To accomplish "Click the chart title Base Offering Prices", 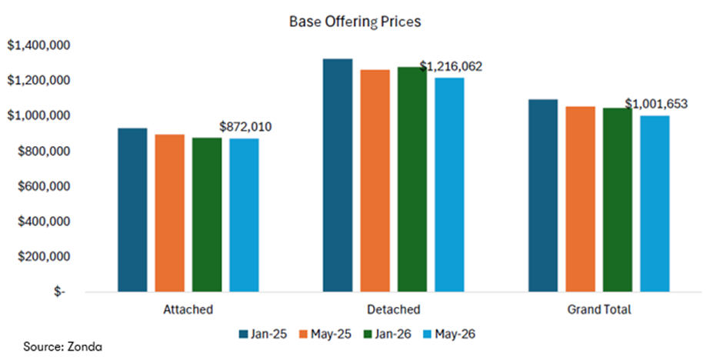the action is (355, 22).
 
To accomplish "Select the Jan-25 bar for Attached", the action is (133, 210).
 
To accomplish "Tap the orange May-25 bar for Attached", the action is (170, 213).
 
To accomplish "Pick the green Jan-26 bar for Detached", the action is (412, 179).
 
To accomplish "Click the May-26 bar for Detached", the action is (449, 185).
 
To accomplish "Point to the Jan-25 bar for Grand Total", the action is (543, 195).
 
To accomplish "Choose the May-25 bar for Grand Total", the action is (581, 199).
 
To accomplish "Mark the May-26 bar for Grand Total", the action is (655, 204).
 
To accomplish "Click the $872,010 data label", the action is (245, 126).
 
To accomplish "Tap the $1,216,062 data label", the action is (451, 67).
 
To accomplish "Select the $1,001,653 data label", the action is (656, 105).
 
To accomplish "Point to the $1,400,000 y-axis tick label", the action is (38, 45).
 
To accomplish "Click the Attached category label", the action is (188, 309).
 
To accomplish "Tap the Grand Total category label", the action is (599, 309).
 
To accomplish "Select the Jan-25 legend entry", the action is (262, 334).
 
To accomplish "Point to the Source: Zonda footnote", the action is (63, 346).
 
